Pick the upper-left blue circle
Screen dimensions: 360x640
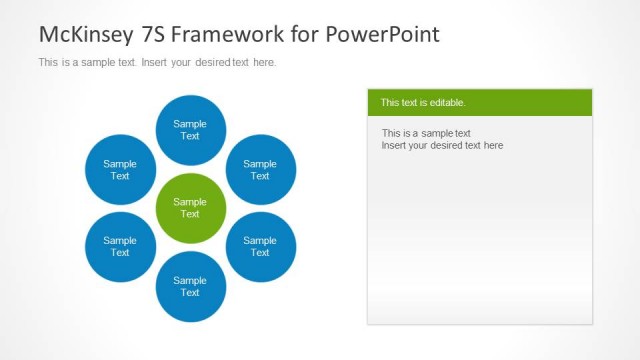pyautogui.click(x=120, y=169)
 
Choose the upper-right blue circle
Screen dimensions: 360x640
pyautogui.click(x=260, y=169)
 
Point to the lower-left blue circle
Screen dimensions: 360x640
pyautogui.click(x=120, y=246)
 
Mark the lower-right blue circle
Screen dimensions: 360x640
pyautogui.click(x=260, y=246)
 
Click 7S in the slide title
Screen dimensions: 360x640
pyautogui.click(x=151, y=34)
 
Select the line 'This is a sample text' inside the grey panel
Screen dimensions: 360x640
pyautogui.click(x=426, y=133)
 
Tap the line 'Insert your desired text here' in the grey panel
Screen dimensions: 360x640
pyautogui.click(x=442, y=145)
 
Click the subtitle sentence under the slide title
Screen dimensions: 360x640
pyautogui.click(x=157, y=62)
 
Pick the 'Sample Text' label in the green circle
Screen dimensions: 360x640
pyautogui.click(x=190, y=208)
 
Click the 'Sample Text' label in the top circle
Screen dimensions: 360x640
pyautogui.click(x=190, y=130)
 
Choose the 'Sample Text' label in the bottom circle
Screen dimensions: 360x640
pyautogui.click(x=190, y=286)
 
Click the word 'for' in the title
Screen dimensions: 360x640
pyautogui.click(x=297, y=34)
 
